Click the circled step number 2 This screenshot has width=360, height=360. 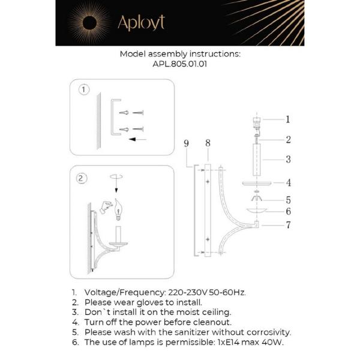pos(82,178)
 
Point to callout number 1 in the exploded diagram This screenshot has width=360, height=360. pos(288,119)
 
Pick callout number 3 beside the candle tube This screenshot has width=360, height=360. pos(288,160)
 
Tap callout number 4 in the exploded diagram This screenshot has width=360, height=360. pos(288,182)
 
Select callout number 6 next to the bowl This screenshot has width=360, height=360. pos(288,211)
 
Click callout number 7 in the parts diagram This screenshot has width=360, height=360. pos(288,225)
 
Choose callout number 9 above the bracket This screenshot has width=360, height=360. pos(187,143)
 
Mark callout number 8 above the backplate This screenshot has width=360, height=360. pos(208,143)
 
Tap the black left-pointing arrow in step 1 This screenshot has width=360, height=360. pos(138,140)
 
